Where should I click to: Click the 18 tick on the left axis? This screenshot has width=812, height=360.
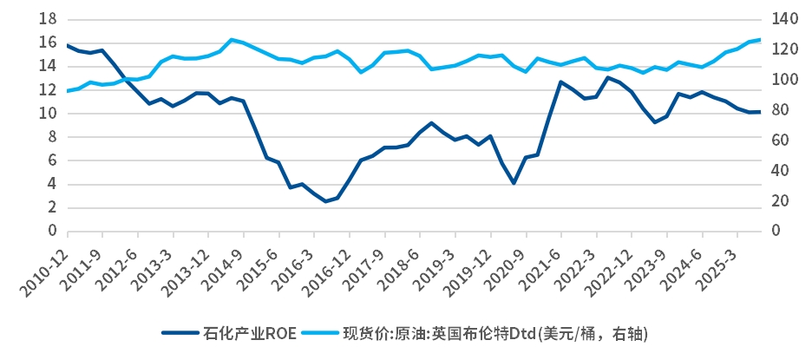(49, 18)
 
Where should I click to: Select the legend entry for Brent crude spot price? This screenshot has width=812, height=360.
(494, 333)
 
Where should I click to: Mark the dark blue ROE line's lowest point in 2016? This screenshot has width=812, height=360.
(326, 201)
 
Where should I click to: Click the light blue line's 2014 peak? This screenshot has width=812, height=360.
(232, 40)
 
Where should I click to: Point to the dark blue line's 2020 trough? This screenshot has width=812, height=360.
(514, 183)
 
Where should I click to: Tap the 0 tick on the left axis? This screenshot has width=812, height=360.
(53, 232)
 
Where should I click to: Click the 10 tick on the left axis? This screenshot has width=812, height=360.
(49, 114)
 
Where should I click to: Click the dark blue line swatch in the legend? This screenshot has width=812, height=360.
(179, 333)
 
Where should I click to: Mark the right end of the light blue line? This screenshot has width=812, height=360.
(761, 39)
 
